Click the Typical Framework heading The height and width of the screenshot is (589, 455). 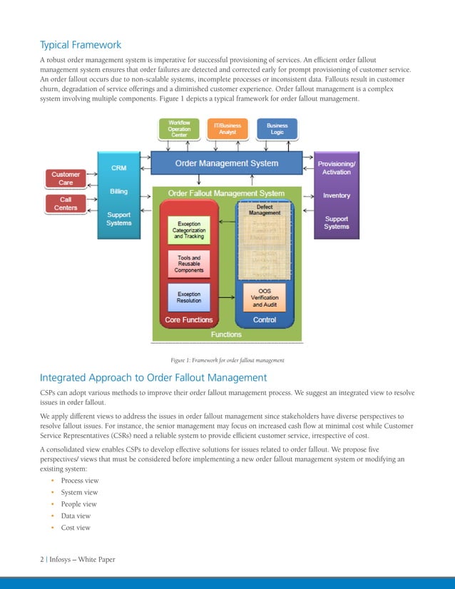pyautogui.click(x=80, y=44)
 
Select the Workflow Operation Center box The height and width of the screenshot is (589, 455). pyautogui.click(x=179, y=128)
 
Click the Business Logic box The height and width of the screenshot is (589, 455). pyautogui.click(x=277, y=128)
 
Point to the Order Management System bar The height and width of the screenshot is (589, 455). pyautogui.click(x=227, y=164)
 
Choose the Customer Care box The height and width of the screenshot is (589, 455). pyautogui.click(x=66, y=178)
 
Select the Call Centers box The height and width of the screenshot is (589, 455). pyautogui.click(x=66, y=204)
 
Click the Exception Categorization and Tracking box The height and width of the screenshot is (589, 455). pyautogui.click(x=189, y=231)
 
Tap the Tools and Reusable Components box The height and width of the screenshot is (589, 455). pyautogui.click(x=189, y=263)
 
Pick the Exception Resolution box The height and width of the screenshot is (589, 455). pyautogui.click(x=189, y=297)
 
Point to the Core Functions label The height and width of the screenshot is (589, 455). pyautogui.click(x=188, y=320)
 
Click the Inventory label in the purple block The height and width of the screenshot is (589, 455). pyautogui.click(x=337, y=195)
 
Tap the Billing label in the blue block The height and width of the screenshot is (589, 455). pyautogui.click(x=119, y=191)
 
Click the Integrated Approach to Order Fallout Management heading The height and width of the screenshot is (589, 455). pyautogui.click(x=153, y=377)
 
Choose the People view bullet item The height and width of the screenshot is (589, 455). pyautogui.click(x=79, y=504)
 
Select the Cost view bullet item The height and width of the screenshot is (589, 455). pyautogui.click(x=76, y=528)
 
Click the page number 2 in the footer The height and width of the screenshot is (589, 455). pyautogui.click(x=41, y=559)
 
